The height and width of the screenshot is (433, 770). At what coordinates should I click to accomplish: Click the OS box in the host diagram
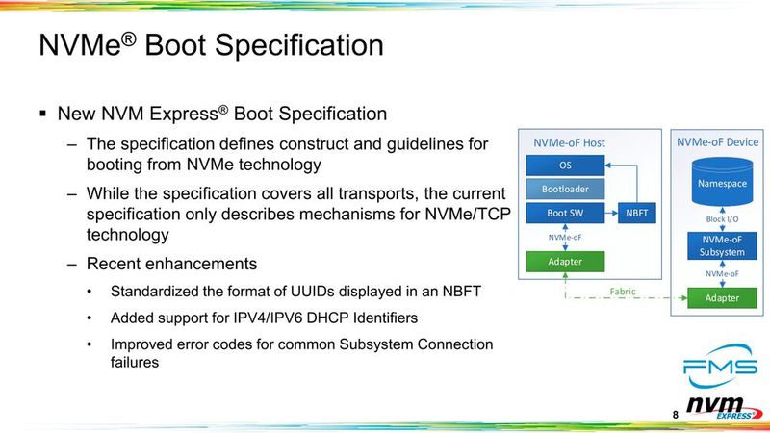pyautogui.click(x=565, y=166)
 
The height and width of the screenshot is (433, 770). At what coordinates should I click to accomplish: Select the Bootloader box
pyautogui.click(x=565, y=189)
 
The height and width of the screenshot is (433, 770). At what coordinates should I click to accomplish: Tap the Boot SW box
pyautogui.click(x=565, y=213)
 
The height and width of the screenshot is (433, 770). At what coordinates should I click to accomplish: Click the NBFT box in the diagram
pyautogui.click(x=636, y=213)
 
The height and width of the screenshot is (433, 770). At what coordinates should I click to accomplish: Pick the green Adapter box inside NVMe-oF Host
pyautogui.click(x=565, y=261)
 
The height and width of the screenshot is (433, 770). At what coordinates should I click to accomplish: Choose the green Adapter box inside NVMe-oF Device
pyautogui.click(x=722, y=297)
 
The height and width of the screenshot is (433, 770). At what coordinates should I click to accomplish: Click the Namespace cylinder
pyautogui.click(x=722, y=181)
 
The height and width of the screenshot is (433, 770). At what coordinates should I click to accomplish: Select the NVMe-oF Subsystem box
pyautogui.click(x=722, y=245)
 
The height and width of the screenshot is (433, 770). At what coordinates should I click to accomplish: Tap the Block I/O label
pyautogui.click(x=722, y=219)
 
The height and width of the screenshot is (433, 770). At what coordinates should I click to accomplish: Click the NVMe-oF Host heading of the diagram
pyautogui.click(x=570, y=143)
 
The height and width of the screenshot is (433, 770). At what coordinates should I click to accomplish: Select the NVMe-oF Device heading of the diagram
pyautogui.click(x=718, y=142)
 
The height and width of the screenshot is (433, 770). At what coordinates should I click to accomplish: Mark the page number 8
pyautogui.click(x=675, y=415)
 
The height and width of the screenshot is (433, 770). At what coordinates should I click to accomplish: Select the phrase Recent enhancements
pyautogui.click(x=171, y=264)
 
